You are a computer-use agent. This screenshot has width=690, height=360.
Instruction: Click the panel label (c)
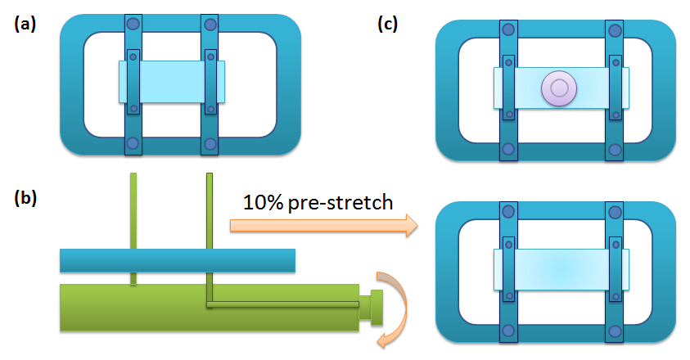point(387,25)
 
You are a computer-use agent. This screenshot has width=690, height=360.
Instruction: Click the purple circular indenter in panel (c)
point(560,87)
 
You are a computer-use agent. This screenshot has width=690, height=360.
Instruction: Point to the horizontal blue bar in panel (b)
point(177,261)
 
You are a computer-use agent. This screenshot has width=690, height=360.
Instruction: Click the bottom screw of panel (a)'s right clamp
point(210,146)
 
